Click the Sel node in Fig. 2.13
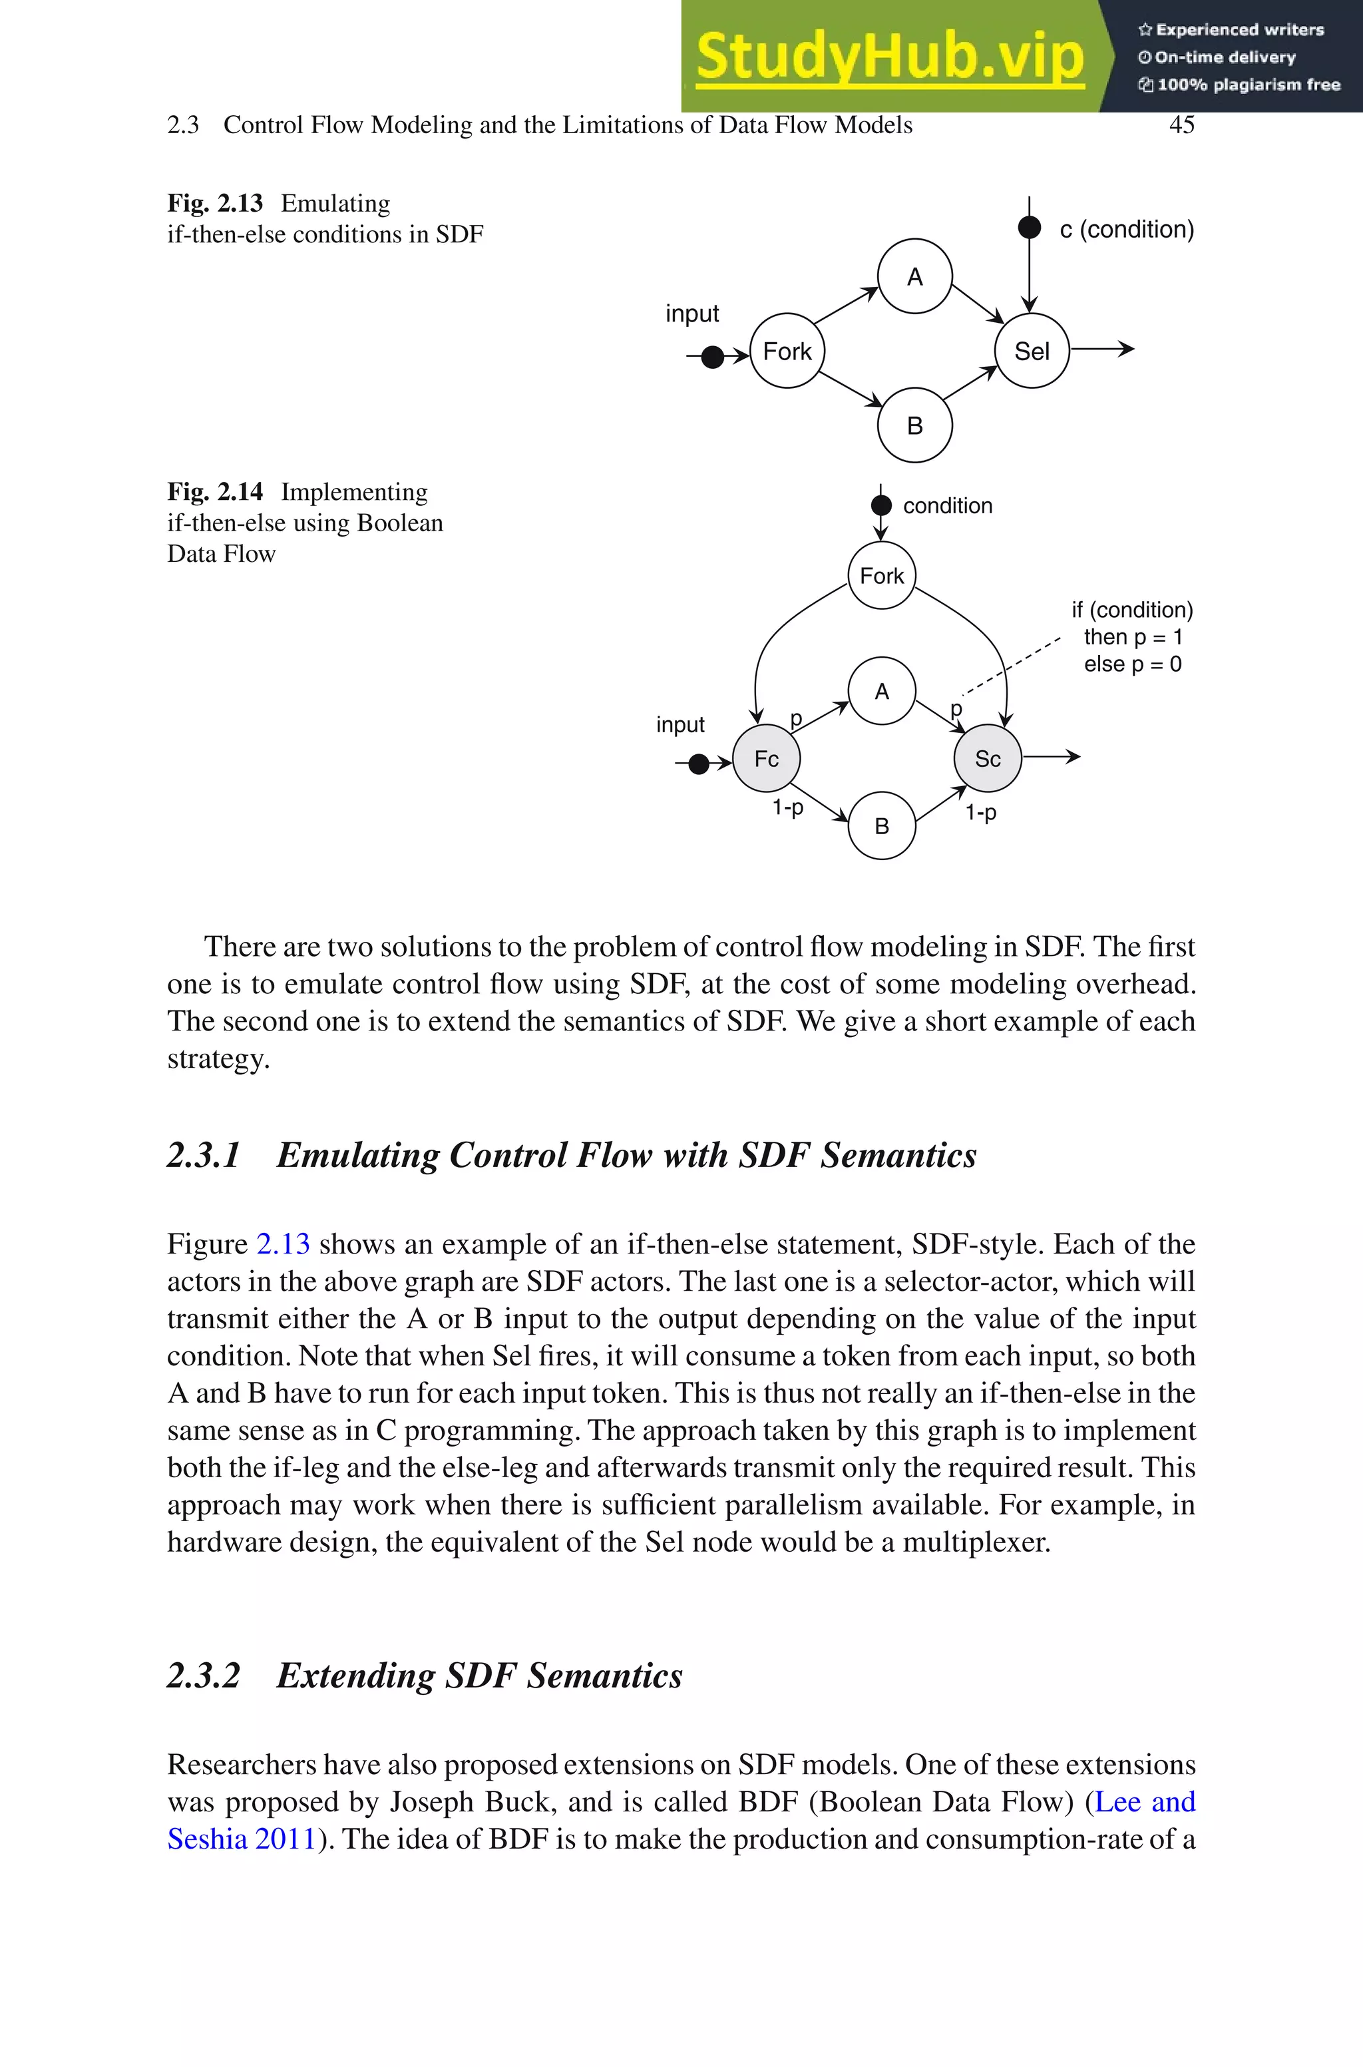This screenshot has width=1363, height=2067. click(1032, 351)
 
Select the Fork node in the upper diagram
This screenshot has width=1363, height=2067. click(787, 351)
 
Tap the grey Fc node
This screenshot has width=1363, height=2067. click(766, 759)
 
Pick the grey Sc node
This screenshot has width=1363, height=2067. click(988, 759)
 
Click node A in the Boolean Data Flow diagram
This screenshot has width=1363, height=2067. click(881, 691)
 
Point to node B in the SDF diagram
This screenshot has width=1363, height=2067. click(914, 426)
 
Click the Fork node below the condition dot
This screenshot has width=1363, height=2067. click(881, 575)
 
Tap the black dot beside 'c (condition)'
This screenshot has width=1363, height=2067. click(1029, 228)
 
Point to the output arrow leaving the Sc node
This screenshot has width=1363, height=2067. click(1052, 757)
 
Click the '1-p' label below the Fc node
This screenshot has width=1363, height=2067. click(787, 807)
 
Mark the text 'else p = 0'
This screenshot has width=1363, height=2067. click(1132, 665)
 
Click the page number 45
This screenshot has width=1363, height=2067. click(1181, 125)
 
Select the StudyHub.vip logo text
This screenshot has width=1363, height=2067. click(890, 57)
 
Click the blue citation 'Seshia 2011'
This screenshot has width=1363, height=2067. click(242, 1840)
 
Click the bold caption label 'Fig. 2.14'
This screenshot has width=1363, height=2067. click(215, 492)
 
